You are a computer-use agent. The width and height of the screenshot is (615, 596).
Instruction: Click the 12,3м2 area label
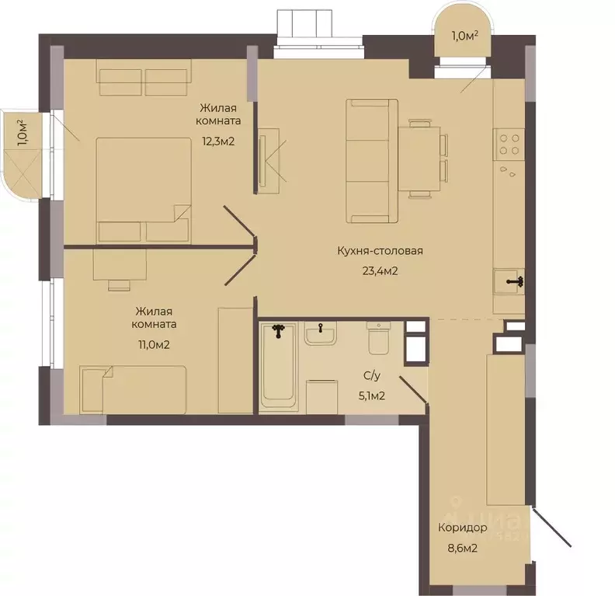pyautogui.click(x=218, y=141)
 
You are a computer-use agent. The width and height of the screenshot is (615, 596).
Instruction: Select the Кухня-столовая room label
pyautogui.click(x=380, y=251)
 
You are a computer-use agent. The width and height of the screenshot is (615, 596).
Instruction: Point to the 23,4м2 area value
pyautogui.click(x=380, y=271)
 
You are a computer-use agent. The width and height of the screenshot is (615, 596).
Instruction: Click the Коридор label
pyautogui.click(x=463, y=528)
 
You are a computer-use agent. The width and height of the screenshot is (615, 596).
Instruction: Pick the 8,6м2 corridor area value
pyautogui.click(x=463, y=548)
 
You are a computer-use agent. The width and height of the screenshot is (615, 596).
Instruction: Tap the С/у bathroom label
pyautogui.click(x=372, y=376)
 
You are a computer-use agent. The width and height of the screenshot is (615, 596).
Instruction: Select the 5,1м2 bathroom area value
pyautogui.click(x=372, y=396)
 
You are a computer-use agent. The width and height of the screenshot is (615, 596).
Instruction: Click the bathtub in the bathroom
pyautogui.click(x=279, y=366)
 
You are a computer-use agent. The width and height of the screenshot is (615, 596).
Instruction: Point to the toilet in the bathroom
pyautogui.click(x=378, y=338)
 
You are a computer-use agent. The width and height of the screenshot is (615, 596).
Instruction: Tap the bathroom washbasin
pyautogui.click(x=321, y=333)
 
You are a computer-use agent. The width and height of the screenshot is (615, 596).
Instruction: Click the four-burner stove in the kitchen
pyautogui.click(x=509, y=145)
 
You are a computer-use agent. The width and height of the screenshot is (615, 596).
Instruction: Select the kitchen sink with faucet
pyautogui.click(x=509, y=282)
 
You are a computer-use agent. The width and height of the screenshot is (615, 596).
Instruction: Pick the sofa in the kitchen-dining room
pyautogui.click(x=372, y=161)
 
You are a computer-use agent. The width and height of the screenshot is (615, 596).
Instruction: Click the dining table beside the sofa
pyautogui.click(x=419, y=159)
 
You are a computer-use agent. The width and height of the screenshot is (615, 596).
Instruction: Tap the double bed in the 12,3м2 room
pyautogui.click(x=144, y=190)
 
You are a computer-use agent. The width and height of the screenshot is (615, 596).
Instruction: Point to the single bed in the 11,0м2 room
pyautogui.click(x=133, y=389)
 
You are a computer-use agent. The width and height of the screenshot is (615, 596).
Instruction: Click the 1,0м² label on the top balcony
pyautogui.click(x=465, y=36)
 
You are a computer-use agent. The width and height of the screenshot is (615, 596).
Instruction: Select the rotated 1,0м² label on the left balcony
pyautogui.click(x=22, y=133)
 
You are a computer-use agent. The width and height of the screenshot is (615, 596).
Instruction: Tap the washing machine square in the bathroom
pyautogui.click(x=321, y=396)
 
